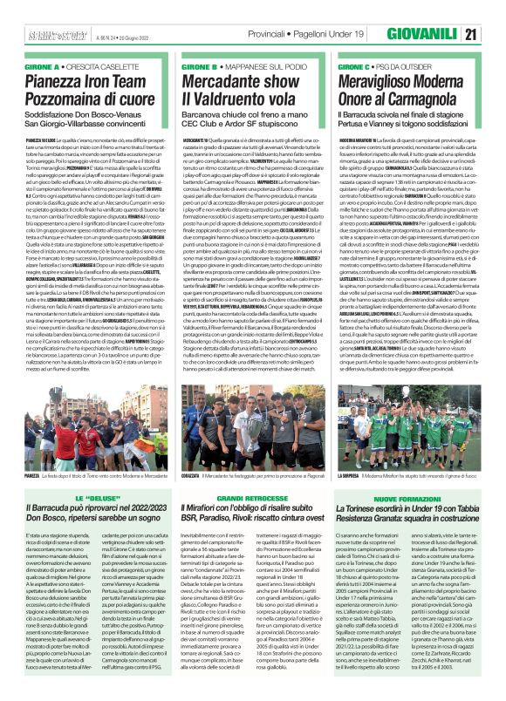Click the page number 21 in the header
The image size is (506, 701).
tap(470, 34)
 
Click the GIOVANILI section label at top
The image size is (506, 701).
tap(420, 34)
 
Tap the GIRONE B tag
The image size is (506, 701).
tap(198, 66)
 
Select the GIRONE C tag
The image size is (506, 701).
tap(355, 66)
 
